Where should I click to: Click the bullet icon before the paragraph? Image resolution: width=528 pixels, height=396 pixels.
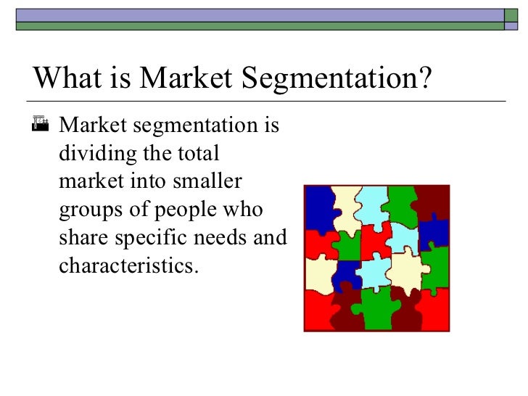[41, 128]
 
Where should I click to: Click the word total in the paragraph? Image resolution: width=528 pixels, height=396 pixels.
[197, 154]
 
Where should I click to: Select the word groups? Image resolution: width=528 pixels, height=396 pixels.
[86, 210]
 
